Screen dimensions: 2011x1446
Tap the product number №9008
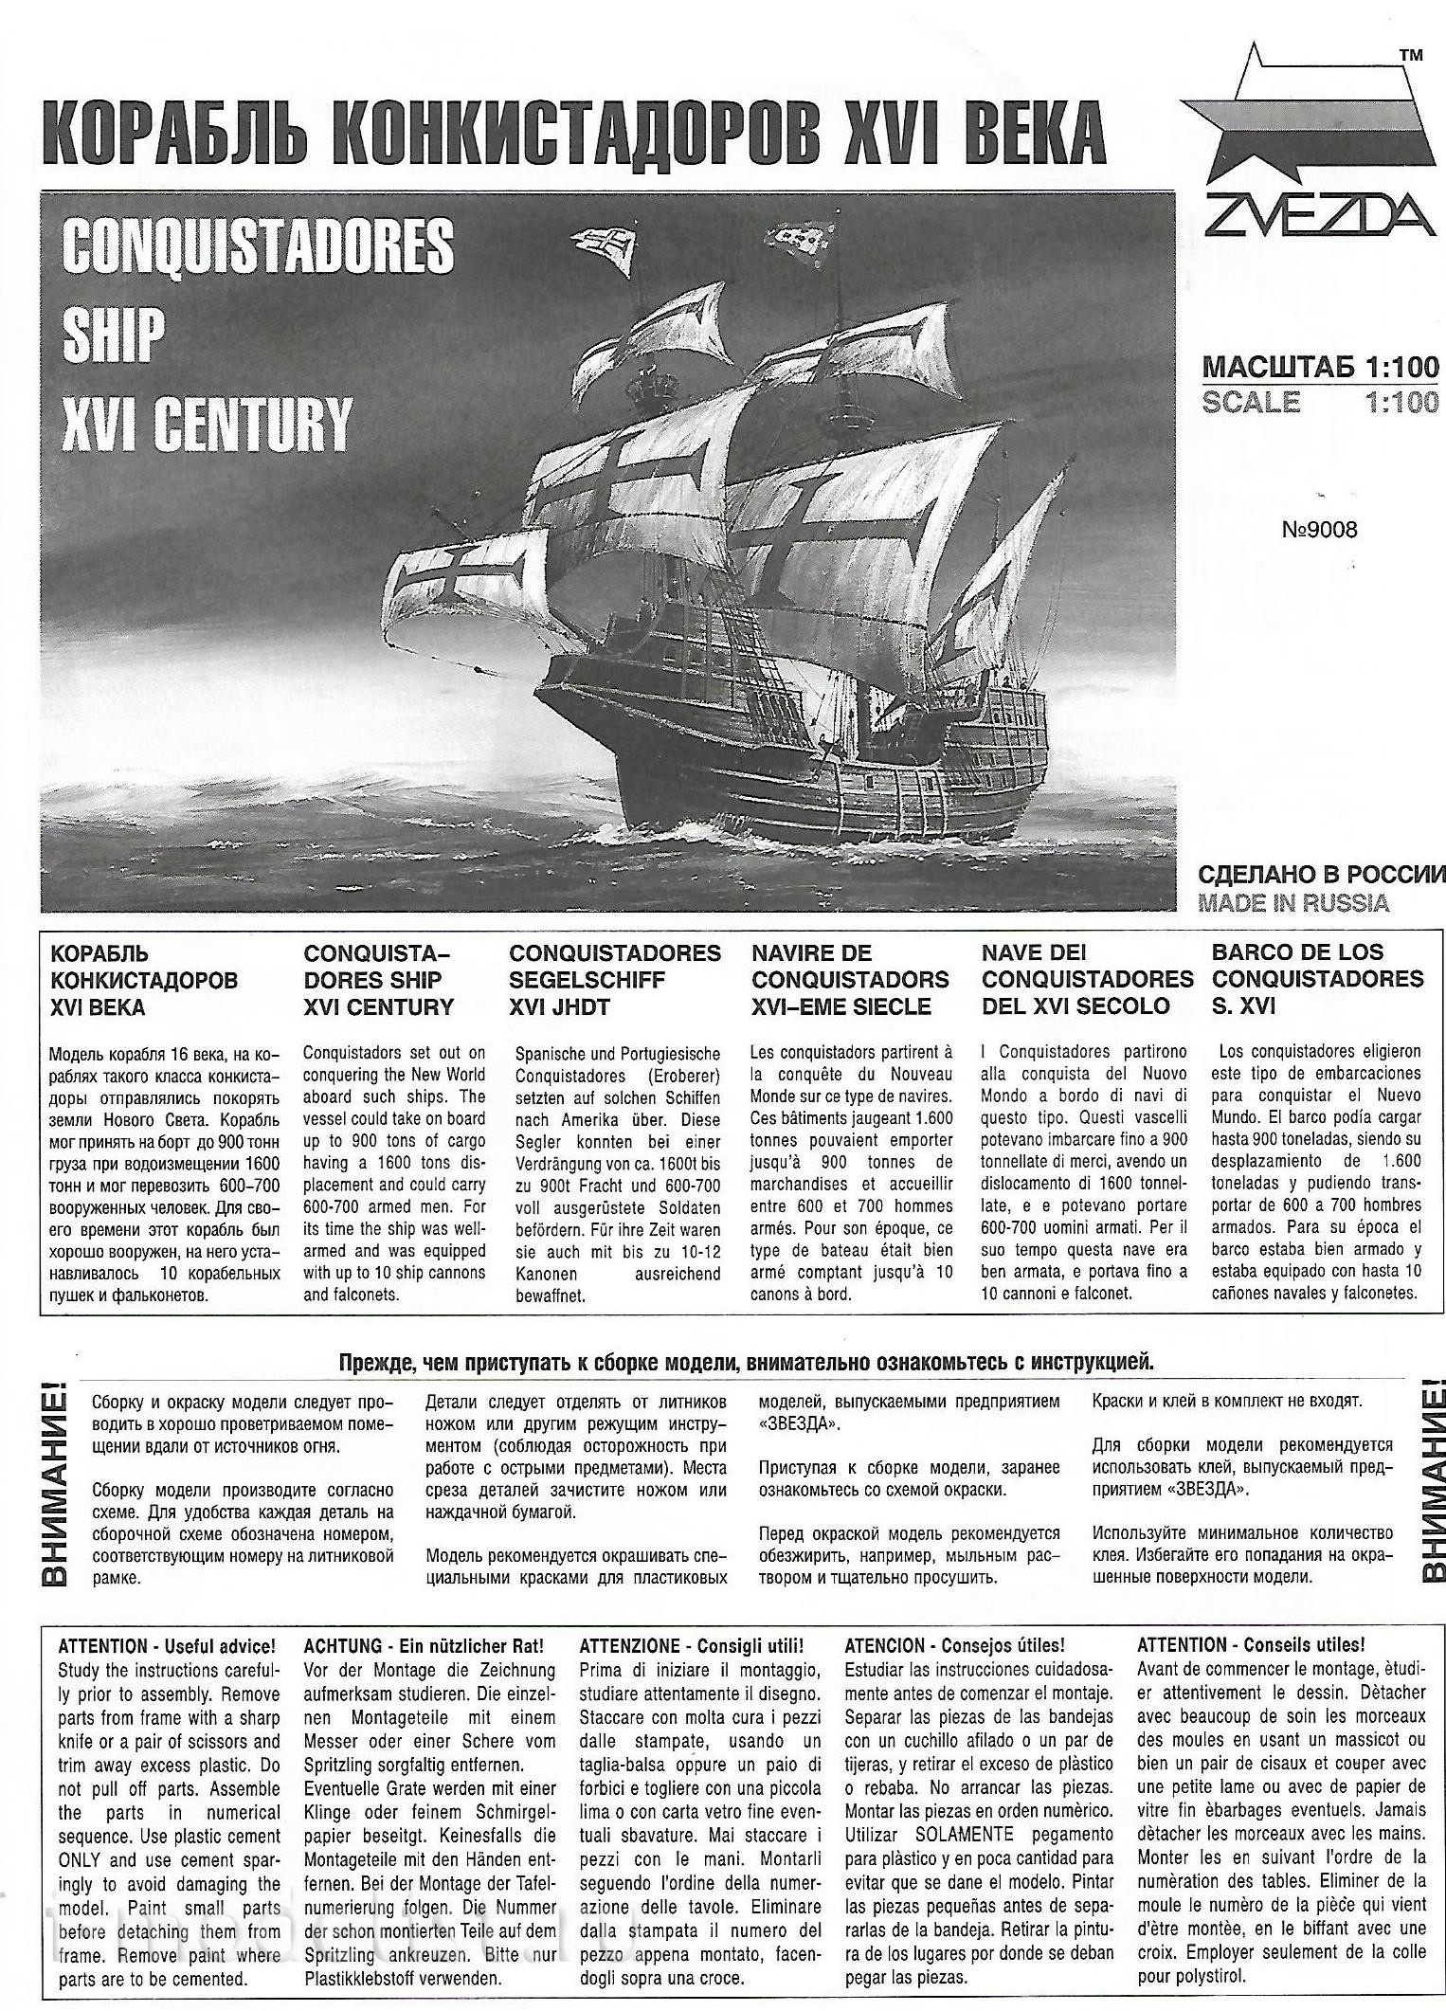click(x=1319, y=530)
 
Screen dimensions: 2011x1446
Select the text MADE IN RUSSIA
click(x=1293, y=903)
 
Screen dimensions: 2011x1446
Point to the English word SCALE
click(x=1251, y=402)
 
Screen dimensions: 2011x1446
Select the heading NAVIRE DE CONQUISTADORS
click(x=850, y=967)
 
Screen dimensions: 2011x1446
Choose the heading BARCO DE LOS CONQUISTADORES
click(x=1317, y=966)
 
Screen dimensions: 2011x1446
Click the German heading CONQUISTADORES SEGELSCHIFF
click(x=615, y=967)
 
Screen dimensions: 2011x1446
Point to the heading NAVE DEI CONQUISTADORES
click(x=1087, y=967)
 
